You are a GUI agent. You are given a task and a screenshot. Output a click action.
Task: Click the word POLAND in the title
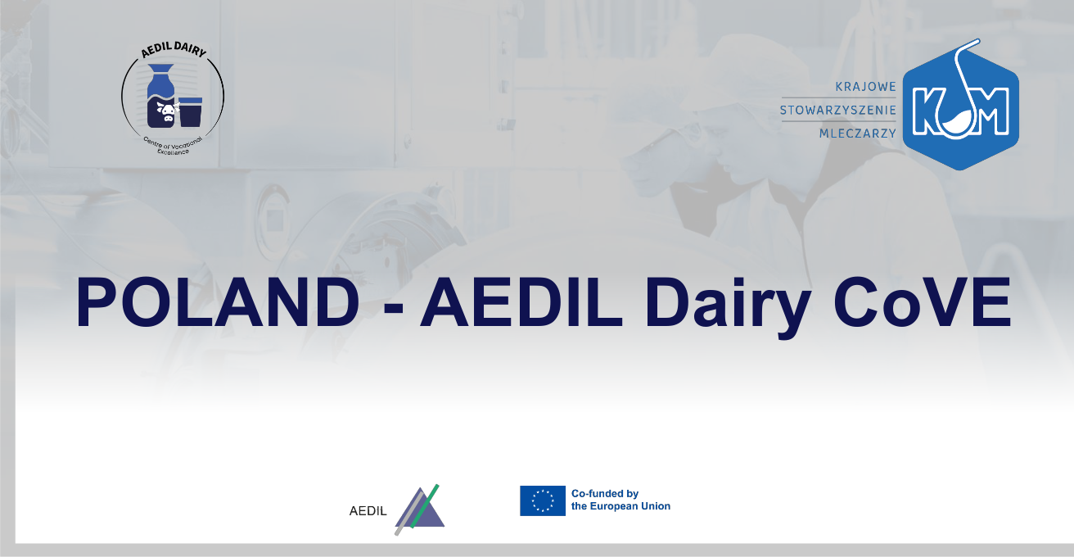pyautogui.click(x=218, y=302)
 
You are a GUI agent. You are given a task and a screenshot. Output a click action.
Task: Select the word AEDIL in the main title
pyautogui.click(x=521, y=302)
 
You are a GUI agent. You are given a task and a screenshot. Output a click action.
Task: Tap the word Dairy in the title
pyautogui.click(x=728, y=307)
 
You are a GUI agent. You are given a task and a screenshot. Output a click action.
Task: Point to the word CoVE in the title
pyautogui.click(x=923, y=302)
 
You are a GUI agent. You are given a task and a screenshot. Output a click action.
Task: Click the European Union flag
pyautogui.click(x=543, y=500)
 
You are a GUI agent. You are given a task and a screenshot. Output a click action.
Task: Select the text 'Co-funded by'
pyautogui.click(x=605, y=494)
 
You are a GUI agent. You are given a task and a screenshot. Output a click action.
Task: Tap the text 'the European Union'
pyautogui.click(x=620, y=506)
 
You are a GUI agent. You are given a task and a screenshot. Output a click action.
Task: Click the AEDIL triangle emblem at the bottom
pyautogui.click(x=419, y=509)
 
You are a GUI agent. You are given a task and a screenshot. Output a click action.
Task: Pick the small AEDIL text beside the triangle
pyautogui.click(x=368, y=511)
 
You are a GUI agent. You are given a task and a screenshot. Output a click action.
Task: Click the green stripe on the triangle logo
pyautogui.click(x=425, y=506)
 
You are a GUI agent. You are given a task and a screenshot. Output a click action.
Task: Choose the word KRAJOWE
pyautogui.click(x=866, y=87)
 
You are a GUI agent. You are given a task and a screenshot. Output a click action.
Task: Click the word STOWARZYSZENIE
pyautogui.click(x=838, y=111)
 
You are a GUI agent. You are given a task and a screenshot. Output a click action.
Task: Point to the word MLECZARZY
pyautogui.click(x=858, y=134)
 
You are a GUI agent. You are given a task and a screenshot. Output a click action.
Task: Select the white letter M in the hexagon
pyautogui.click(x=990, y=110)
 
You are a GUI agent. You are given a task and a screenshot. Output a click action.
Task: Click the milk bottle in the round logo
pyautogui.click(x=160, y=96)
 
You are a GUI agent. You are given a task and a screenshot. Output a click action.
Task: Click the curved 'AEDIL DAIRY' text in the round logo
pyautogui.click(x=174, y=49)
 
